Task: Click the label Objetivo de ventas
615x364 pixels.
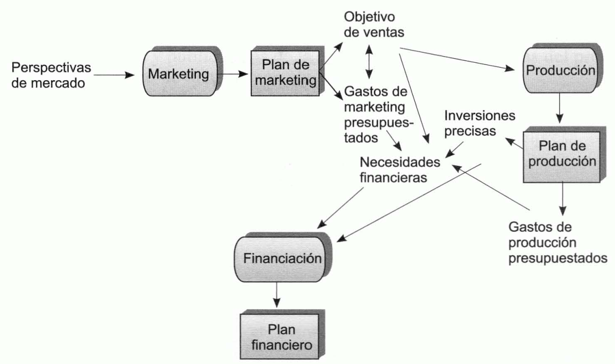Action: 374,24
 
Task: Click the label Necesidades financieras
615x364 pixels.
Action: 400,170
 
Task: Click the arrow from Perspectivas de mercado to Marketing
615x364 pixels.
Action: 118,75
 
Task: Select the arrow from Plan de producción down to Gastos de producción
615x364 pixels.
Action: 563,198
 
